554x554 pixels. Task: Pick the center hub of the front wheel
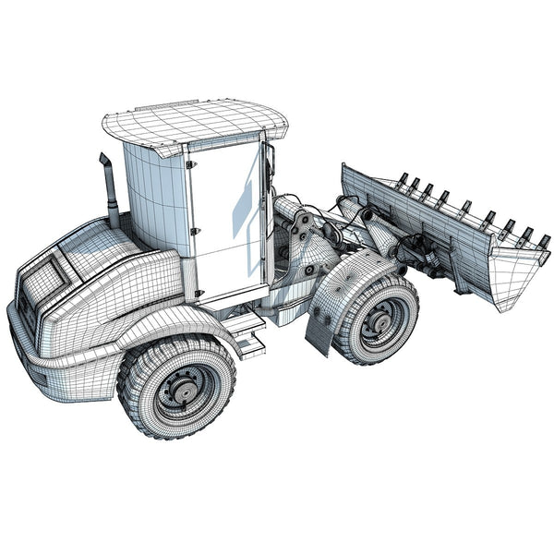[378, 323]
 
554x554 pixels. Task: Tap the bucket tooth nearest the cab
[402, 178]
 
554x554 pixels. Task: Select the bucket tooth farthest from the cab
[545, 241]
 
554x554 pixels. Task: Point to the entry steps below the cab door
[245, 332]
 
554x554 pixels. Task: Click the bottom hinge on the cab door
[198, 295]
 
